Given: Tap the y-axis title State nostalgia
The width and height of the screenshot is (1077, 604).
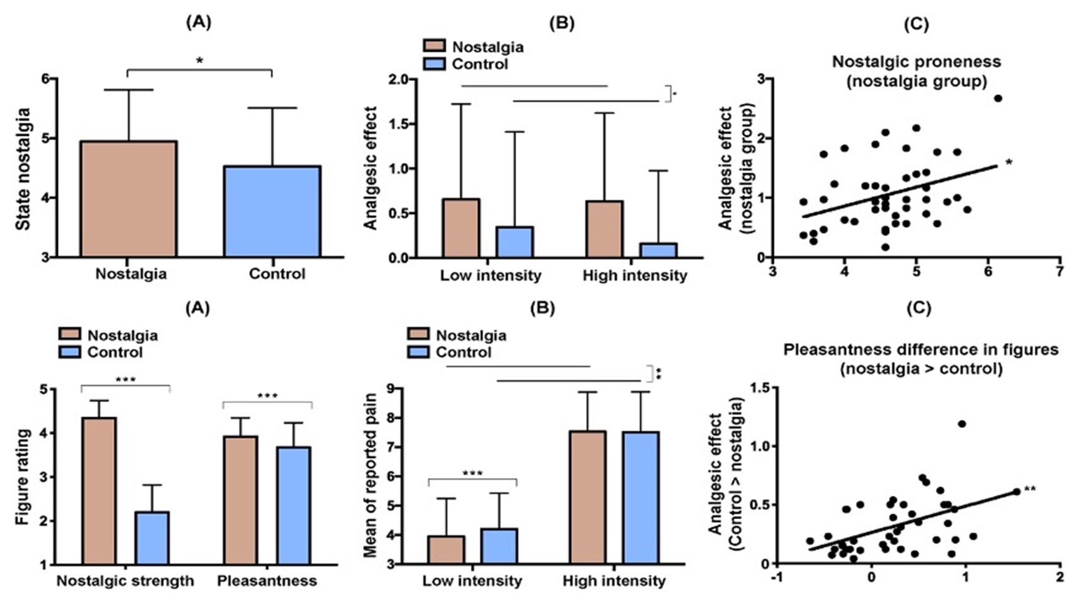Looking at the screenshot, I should (23, 169).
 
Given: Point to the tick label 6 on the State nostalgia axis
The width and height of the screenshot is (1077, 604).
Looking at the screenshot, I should (45, 79).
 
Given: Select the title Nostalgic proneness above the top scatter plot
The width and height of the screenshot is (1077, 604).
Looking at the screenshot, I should (916, 62).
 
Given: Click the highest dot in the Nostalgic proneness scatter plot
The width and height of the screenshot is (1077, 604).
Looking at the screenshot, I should (998, 98).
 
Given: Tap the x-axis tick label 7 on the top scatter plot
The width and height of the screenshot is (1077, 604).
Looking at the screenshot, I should (1060, 272).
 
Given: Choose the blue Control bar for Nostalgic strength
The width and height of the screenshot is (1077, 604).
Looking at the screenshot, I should (152, 538).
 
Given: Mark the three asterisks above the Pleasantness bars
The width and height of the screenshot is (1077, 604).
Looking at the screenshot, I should (267, 396).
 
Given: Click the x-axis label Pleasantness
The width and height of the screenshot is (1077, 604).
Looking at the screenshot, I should (267, 581).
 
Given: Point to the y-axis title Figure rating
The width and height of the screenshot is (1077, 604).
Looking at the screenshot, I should (23, 477).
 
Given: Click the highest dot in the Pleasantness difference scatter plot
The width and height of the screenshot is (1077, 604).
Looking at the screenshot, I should (962, 423).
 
